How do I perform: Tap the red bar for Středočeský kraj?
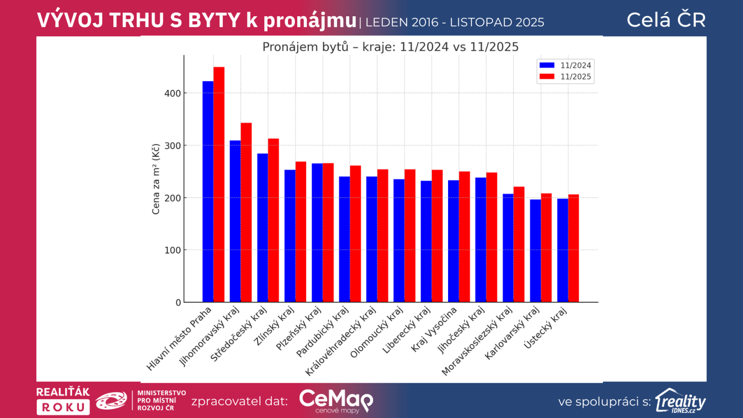274,220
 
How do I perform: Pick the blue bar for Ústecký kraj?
562,250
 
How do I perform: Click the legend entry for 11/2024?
565,65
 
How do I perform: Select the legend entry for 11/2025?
565,77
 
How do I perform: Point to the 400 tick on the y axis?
172,93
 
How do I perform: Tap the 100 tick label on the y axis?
172,250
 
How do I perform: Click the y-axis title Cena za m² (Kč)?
156,179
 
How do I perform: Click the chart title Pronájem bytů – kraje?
390,47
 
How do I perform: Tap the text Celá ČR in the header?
666,20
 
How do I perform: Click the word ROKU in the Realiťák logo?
63,407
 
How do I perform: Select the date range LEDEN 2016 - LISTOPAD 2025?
455,22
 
